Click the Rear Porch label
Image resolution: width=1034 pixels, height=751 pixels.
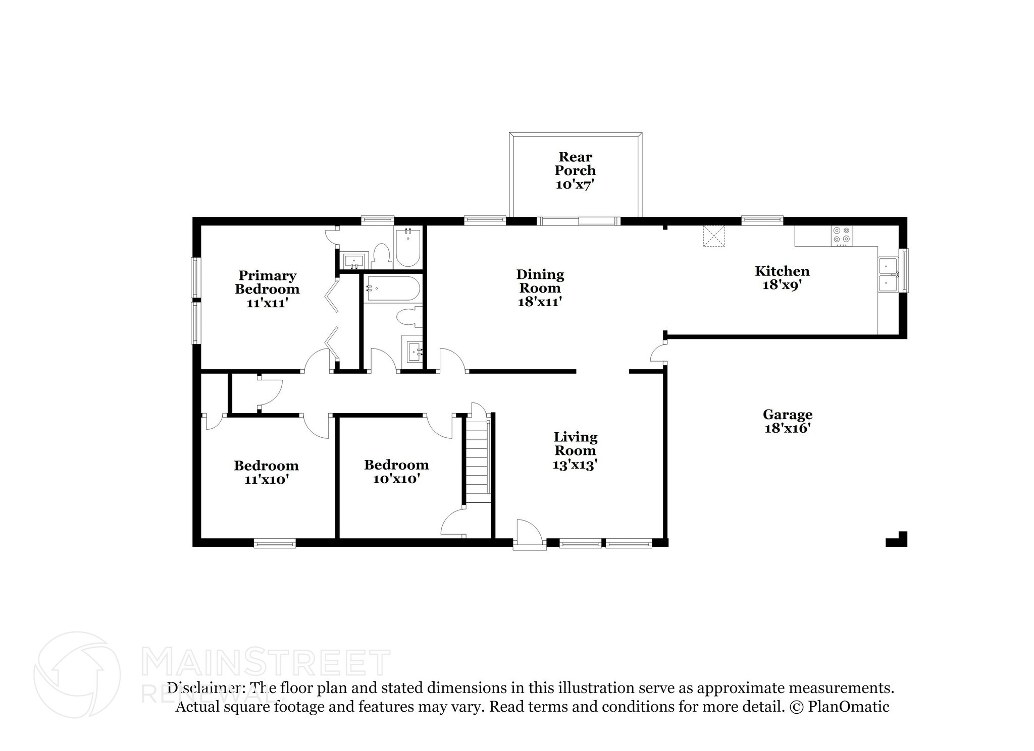coord(575,164)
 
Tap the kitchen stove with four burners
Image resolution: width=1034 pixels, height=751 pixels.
coord(841,236)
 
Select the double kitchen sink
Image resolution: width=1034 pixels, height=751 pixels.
coord(888,274)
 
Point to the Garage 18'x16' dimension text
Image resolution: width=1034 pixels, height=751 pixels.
coord(787,429)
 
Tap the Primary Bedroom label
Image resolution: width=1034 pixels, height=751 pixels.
coord(267,282)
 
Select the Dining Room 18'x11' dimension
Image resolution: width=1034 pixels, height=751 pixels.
coord(540,302)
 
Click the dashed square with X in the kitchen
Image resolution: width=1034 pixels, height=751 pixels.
coord(714,236)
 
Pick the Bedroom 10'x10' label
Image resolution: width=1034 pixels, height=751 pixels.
coord(396,465)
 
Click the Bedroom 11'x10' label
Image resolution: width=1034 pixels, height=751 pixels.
coord(266,466)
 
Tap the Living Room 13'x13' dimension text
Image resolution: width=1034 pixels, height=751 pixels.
coord(575,465)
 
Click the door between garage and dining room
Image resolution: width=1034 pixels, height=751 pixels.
coord(658,352)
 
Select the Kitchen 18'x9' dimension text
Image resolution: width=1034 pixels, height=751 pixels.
coord(782,285)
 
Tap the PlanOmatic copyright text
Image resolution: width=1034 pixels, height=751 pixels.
coord(839,707)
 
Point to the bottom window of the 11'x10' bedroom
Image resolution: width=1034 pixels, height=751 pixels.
coord(274,543)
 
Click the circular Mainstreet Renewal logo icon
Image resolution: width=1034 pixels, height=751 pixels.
coord(77,675)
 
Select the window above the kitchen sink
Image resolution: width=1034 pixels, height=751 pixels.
coord(905,270)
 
